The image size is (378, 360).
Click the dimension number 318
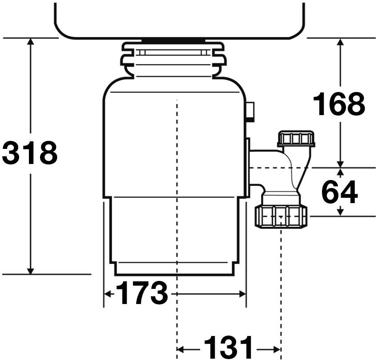click(x=30, y=153)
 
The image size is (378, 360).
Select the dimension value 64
click(x=339, y=192)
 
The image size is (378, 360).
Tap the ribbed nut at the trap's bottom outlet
click(x=281, y=216)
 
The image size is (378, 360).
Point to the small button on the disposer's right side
click(x=250, y=112)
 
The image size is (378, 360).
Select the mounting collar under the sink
click(x=173, y=60)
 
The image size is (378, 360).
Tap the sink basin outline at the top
click(x=179, y=20)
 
